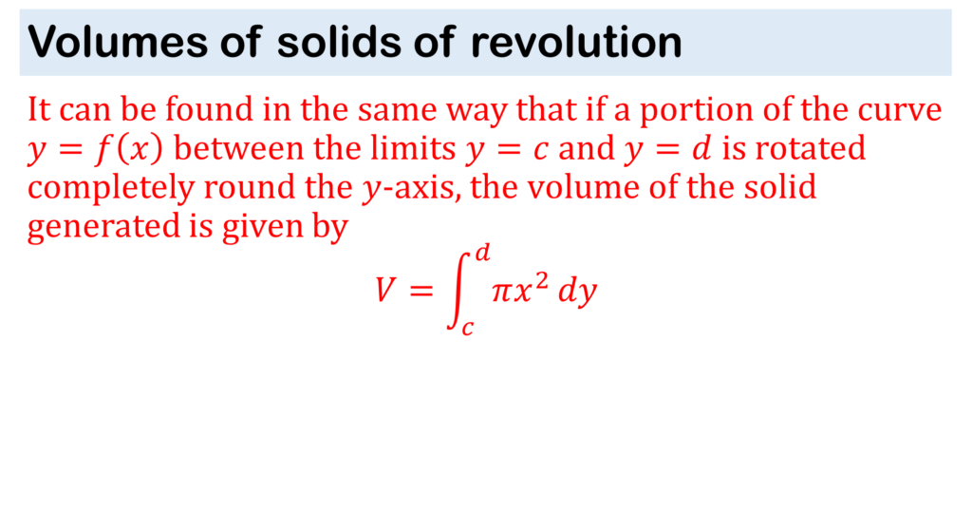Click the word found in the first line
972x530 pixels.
coord(209,109)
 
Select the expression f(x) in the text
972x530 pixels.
coord(129,149)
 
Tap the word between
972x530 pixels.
coord(239,148)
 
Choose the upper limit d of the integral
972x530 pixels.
coord(482,253)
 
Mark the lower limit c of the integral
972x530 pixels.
coord(467,327)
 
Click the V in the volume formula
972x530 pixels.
coord(385,289)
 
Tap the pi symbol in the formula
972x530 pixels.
coord(501,291)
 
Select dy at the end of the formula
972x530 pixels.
coord(577,291)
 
